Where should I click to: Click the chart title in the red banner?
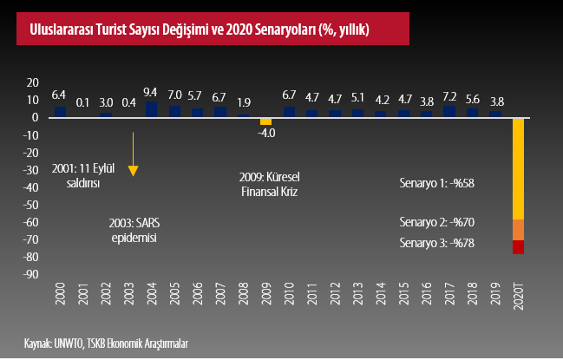(x=193, y=29)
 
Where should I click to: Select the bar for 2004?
(x=150, y=109)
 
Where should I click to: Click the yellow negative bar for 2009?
(x=265, y=121)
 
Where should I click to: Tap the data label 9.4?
(x=150, y=93)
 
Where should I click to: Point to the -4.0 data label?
(x=265, y=134)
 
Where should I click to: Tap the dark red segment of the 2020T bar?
(x=519, y=247)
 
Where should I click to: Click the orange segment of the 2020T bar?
(x=519, y=230)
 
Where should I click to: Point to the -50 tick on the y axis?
(x=32, y=205)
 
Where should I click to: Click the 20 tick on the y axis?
(x=33, y=82)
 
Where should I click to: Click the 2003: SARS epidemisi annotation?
(x=134, y=230)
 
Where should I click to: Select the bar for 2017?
(x=449, y=111)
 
